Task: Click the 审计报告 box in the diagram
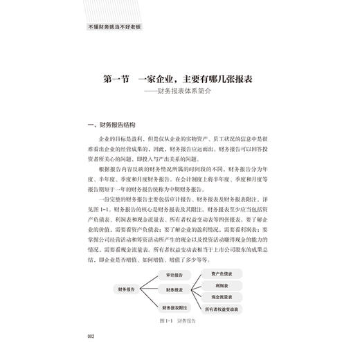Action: tap(174, 276)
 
